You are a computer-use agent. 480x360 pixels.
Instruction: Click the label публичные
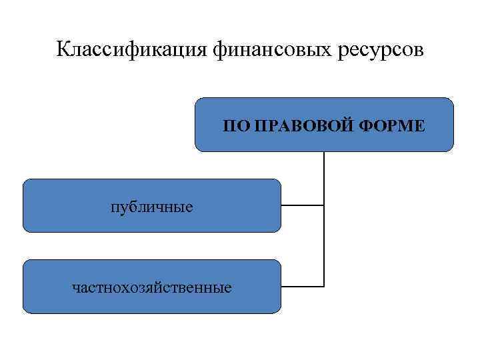152,207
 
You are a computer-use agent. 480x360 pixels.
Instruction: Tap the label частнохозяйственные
152,288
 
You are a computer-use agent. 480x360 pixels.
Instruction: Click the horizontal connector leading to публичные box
302,205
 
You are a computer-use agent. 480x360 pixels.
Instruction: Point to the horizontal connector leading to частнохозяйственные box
302,287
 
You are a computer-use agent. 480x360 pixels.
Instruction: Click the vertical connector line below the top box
324,177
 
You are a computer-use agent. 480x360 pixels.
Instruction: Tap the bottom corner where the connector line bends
324,287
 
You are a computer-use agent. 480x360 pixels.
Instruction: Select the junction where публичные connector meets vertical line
324,205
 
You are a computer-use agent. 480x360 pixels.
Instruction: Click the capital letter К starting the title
62,51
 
